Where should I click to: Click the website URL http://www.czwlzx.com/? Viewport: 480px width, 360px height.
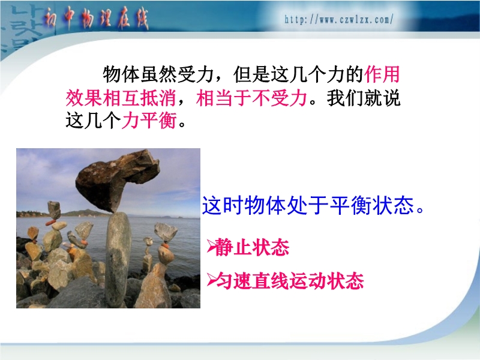339,20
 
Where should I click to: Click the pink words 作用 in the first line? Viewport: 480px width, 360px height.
382,74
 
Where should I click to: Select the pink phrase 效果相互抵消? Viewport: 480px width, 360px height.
121,98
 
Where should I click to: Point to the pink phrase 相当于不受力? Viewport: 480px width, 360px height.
251,98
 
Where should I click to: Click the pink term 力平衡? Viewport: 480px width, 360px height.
149,120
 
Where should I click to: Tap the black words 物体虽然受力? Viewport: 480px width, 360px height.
158,74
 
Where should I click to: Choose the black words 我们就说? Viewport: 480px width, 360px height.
364,98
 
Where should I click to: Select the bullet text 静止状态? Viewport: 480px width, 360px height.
252,247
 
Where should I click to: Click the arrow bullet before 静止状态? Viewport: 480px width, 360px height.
211,247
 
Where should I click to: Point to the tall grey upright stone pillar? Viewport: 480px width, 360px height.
118,259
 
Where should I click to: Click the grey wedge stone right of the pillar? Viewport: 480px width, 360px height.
166,232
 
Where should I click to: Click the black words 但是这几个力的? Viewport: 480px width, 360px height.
298,74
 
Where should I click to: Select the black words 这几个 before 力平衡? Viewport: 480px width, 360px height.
93,120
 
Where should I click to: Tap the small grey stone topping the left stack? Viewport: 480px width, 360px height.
54,209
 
